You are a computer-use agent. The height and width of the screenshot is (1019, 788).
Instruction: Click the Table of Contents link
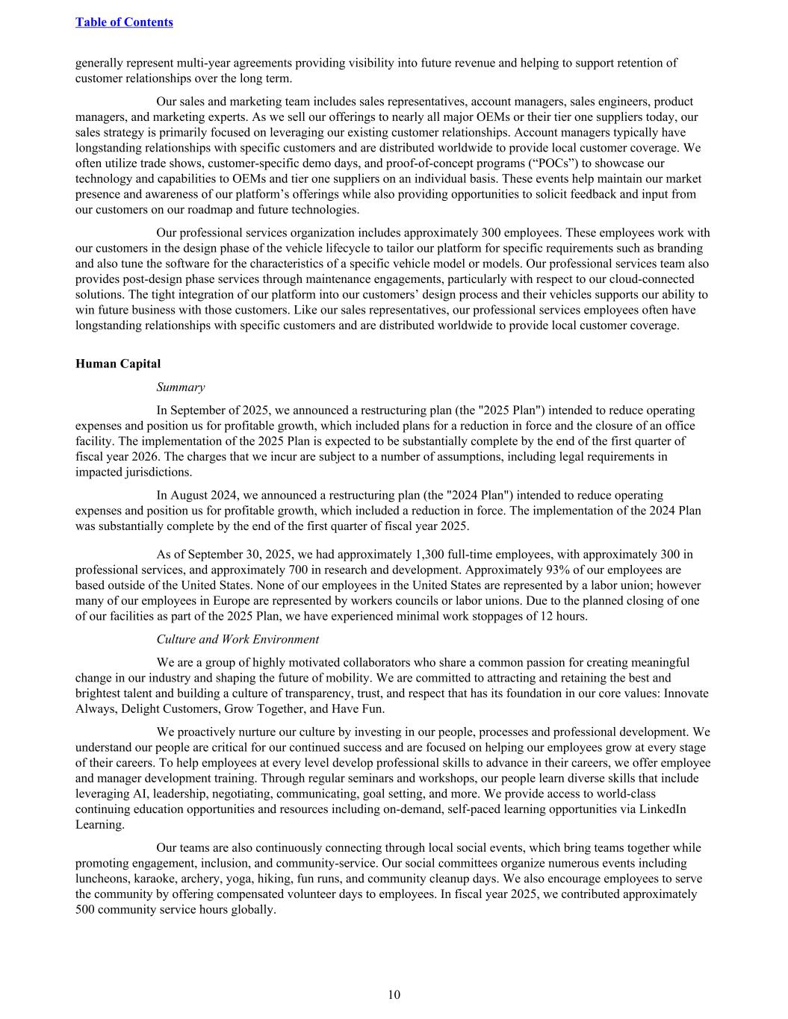coord(124,22)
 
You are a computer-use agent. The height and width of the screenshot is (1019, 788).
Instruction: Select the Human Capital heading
coord(118,364)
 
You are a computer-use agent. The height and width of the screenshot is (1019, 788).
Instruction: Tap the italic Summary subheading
coord(180,387)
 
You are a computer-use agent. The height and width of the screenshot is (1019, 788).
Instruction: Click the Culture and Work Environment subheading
coord(238,639)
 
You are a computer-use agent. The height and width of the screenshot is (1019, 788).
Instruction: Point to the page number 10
coord(394,994)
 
